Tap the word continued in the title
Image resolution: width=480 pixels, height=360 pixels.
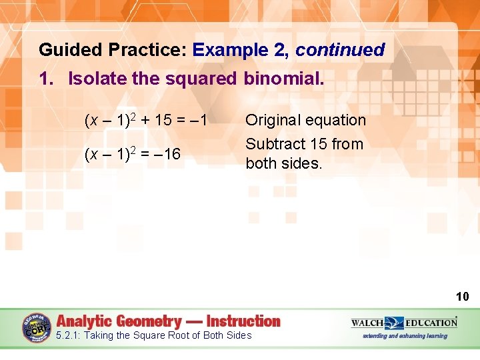coord(340,50)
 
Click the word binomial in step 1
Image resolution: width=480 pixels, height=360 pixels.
coord(283,79)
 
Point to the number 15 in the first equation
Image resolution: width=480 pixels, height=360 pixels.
coord(164,121)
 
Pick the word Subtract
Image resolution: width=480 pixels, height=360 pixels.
coord(274,144)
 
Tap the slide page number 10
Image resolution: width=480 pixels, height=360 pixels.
coord(462,297)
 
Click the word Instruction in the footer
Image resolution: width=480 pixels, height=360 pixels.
coord(243,321)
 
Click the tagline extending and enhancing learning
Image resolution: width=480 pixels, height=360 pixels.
coord(405,336)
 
